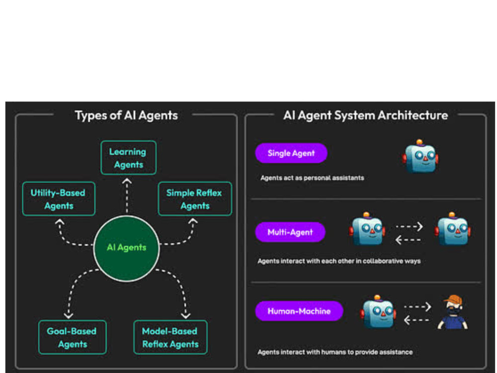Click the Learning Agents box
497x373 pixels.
(x=128, y=158)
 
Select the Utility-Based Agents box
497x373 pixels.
(x=59, y=199)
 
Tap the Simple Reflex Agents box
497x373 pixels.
(x=195, y=199)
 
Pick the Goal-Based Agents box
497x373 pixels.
(x=72, y=337)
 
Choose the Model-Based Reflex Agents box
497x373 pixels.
(x=170, y=337)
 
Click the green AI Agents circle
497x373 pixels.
(x=126, y=248)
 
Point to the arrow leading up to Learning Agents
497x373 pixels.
(x=127, y=195)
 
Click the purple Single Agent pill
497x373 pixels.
(x=291, y=153)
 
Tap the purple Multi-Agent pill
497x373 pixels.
(x=290, y=232)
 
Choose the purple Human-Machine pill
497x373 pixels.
(x=299, y=311)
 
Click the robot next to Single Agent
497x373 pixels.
(x=420, y=156)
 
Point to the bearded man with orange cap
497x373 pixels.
(x=453, y=312)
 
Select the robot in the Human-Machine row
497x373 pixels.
(x=378, y=311)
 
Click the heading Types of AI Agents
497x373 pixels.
(x=126, y=115)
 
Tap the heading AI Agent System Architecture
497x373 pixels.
(x=365, y=115)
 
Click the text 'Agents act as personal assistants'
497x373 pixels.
(x=312, y=178)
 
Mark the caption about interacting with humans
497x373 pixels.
(x=335, y=352)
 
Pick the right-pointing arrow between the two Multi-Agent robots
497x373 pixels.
(x=409, y=226)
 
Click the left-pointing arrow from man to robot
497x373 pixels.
(x=416, y=320)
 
